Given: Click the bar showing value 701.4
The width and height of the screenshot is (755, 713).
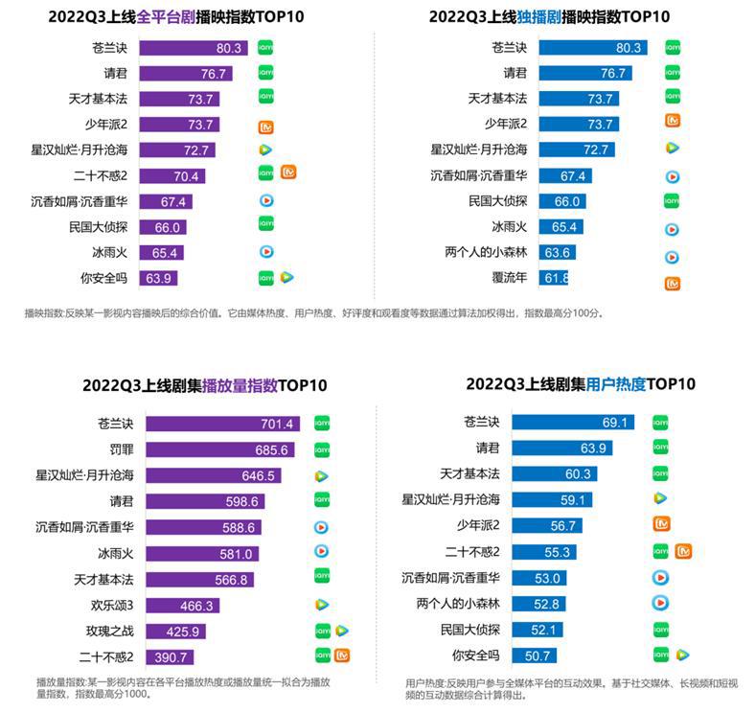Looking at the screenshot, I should [219, 424].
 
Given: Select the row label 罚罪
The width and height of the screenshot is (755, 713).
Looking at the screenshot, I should [121, 449].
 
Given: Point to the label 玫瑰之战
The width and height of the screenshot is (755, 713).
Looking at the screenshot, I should [109, 632].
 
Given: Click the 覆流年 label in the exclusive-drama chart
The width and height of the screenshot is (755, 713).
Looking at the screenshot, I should [510, 279].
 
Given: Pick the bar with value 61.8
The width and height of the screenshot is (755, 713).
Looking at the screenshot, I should [554, 279].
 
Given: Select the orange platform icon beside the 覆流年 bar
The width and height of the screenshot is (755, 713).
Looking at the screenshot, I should [673, 283].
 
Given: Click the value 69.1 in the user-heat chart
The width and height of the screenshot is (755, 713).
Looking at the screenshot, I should [613, 423].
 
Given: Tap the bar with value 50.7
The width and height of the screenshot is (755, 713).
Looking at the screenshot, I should [537, 655].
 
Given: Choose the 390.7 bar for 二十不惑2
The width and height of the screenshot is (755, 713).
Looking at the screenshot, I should [169, 657].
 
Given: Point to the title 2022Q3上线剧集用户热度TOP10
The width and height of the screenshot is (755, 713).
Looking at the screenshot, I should [581, 384].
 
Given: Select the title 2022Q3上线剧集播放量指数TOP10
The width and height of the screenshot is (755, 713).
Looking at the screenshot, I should [205, 385].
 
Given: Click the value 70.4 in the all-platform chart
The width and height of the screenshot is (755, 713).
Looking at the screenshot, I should [186, 175].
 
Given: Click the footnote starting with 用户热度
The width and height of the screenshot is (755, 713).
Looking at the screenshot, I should [572, 688].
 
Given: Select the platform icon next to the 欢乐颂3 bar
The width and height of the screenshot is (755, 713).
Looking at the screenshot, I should [322, 605].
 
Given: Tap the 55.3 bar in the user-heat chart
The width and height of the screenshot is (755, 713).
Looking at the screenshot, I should [558, 552].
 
